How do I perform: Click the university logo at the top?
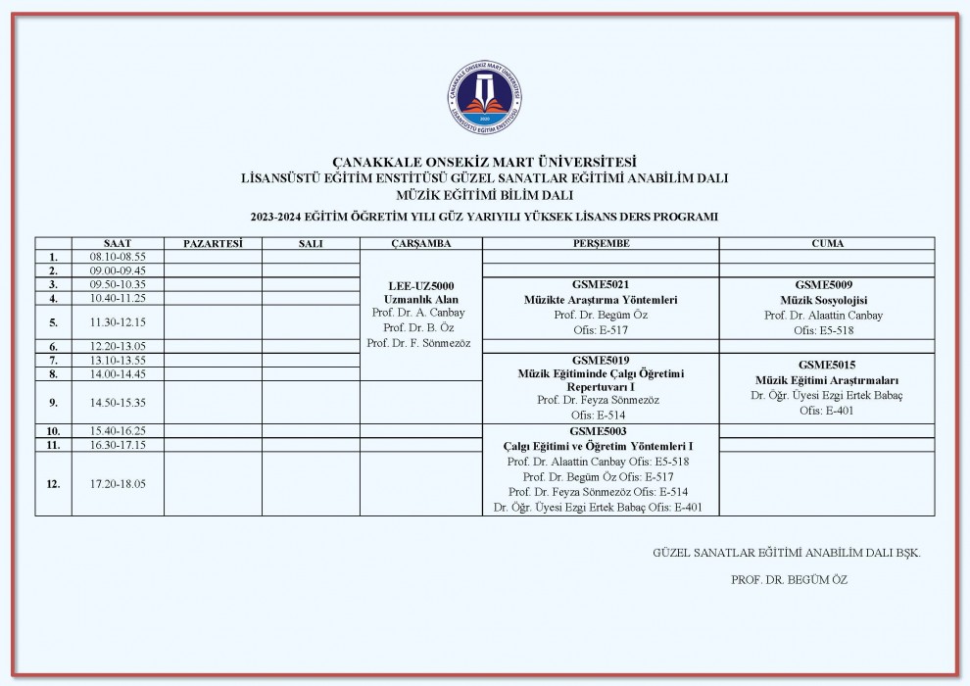pyautogui.click(x=485, y=98)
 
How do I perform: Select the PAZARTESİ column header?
pyautogui.click(x=213, y=243)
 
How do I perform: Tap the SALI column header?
pyautogui.click(x=311, y=243)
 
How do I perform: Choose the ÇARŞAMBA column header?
pyautogui.click(x=421, y=243)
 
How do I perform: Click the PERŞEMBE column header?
pyautogui.click(x=601, y=243)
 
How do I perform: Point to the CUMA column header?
pyautogui.click(x=827, y=243)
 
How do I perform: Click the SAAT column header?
pyautogui.click(x=118, y=243)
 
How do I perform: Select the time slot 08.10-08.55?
pyautogui.click(x=118, y=257)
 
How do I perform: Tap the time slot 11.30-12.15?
pyautogui.click(x=118, y=321)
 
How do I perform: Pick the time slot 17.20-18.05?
pyautogui.click(x=118, y=483)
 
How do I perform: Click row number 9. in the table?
pyautogui.click(x=54, y=402)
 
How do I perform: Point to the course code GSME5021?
pyautogui.click(x=601, y=284)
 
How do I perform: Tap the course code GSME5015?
pyautogui.click(x=827, y=365)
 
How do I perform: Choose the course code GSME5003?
pyautogui.click(x=601, y=430)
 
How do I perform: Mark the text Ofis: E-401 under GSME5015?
pyautogui.click(x=827, y=411)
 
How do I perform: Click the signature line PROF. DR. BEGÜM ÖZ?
pyautogui.click(x=789, y=579)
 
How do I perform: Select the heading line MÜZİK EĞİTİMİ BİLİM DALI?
pyautogui.click(x=485, y=193)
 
